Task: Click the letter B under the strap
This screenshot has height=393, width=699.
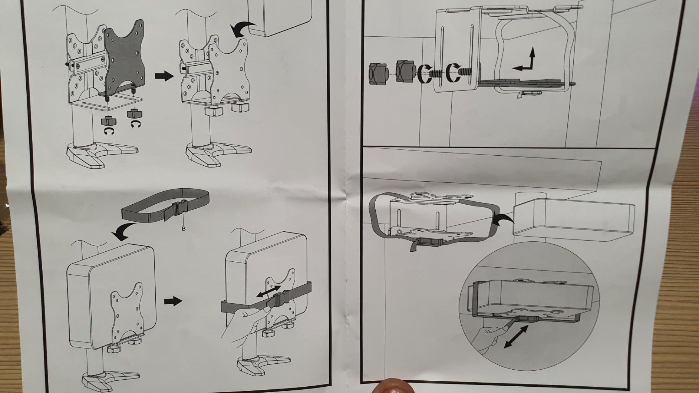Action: (x=184, y=228)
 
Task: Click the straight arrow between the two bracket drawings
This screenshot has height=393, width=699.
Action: (x=164, y=76)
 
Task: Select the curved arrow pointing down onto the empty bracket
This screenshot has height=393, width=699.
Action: (x=243, y=28)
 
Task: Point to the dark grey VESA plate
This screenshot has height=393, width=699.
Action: (x=123, y=59)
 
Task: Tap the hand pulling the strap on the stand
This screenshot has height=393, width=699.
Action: (x=243, y=323)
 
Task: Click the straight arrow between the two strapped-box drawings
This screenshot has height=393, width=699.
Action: (x=173, y=301)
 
